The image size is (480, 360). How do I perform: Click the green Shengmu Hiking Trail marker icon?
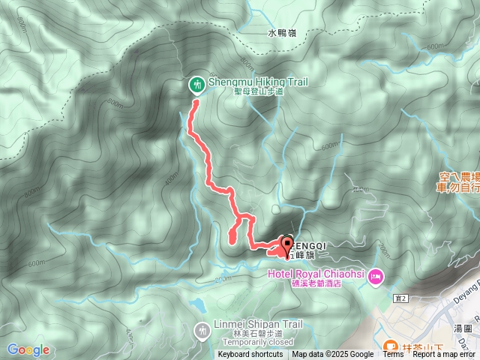tap(196, 84)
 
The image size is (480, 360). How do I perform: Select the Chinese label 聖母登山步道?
tap(259, 92)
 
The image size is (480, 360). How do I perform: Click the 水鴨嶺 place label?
tap(282, 33)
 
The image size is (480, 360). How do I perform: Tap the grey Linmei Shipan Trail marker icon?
tap(202, 329)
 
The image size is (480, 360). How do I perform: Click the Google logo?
tap(28, 349)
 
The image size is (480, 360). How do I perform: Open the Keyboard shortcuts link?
tap(250, 355)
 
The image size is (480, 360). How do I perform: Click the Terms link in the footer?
tap(393, 355)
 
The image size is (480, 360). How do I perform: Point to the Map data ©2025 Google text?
tap(333, 355)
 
